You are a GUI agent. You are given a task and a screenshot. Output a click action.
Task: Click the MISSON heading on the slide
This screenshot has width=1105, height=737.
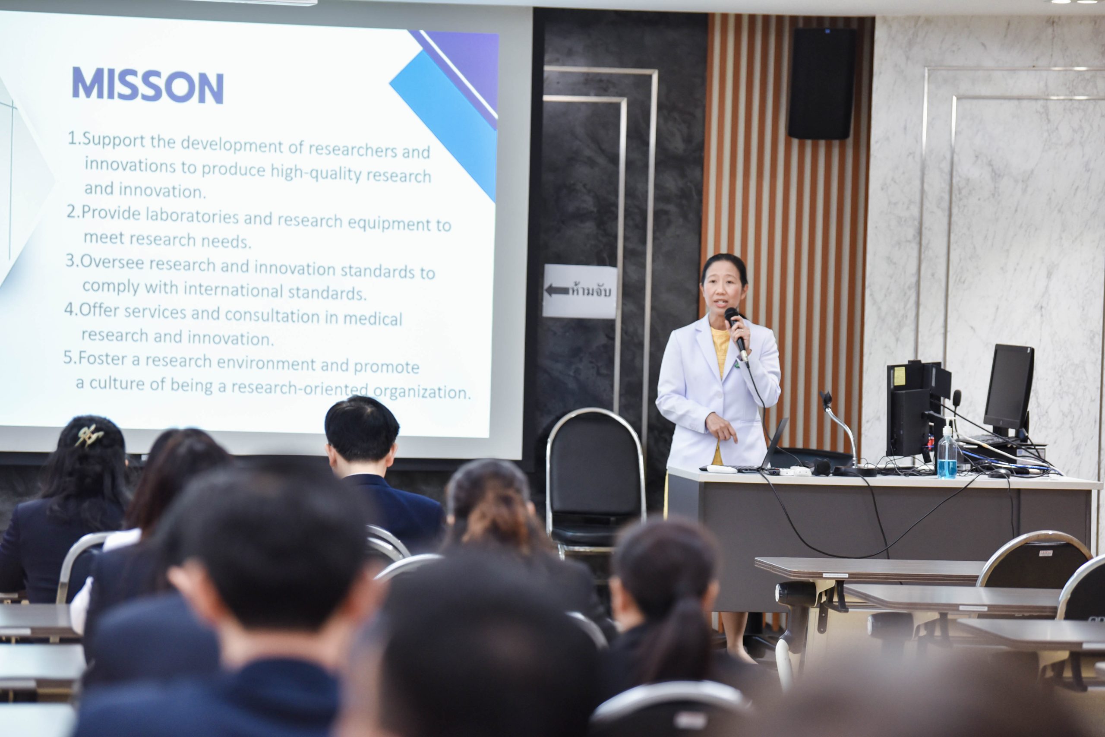pyautogui.click(x=148, y=86)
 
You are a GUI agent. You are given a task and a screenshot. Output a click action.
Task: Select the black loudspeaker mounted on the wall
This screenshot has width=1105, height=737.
pyautogui.click(x=822, y=83)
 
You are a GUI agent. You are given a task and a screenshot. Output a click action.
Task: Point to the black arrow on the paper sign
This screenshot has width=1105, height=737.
pyautogui.click(x=557, y=290)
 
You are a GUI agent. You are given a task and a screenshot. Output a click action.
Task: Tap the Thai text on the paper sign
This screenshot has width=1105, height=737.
pyautogui.click(x=590, y=291)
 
